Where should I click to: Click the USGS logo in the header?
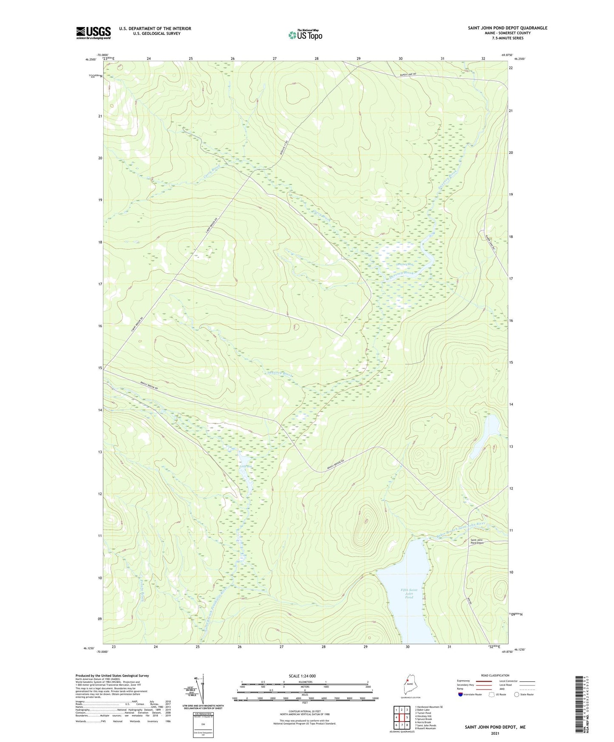(93, 33)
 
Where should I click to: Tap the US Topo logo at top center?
(305, 35)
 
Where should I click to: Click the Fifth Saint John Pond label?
(409, 593)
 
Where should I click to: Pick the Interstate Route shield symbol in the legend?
(461, 694)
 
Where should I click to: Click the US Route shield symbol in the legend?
(492, 694)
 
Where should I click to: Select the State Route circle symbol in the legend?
(517, 694)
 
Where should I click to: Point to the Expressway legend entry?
(465, 681)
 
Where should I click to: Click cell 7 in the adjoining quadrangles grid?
(402, 725)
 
